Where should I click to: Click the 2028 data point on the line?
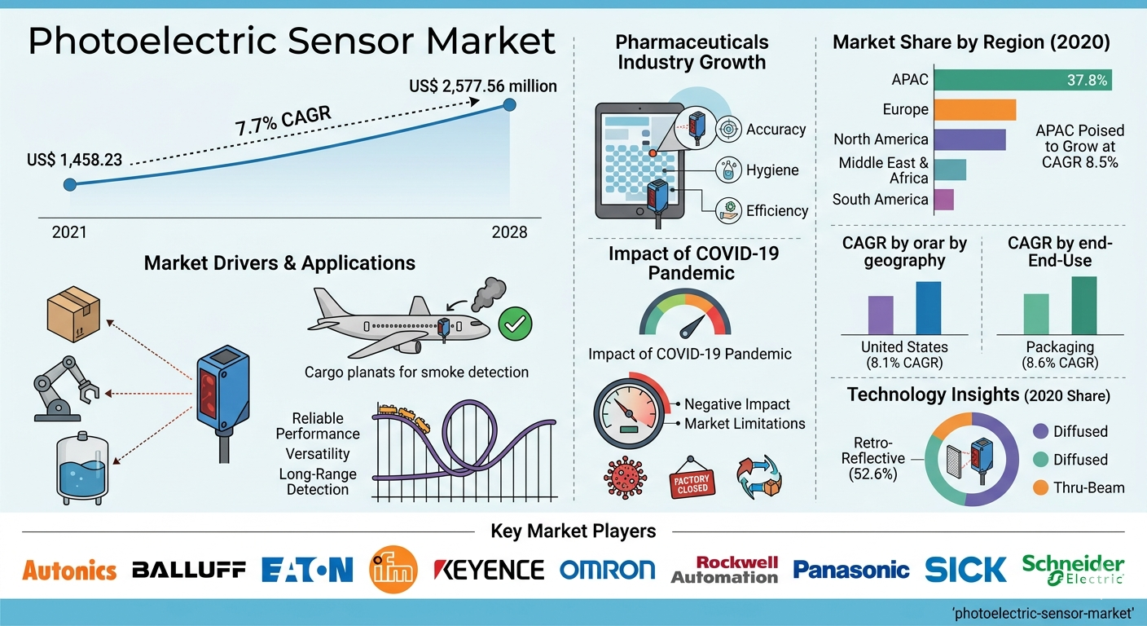[x=509, y=105]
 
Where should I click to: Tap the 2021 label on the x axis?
[x=69, y=232]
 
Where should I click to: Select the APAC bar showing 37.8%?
[x=1023, y=80]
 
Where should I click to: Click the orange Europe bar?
[x=975, y=109]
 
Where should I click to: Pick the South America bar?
[x=944, y=200]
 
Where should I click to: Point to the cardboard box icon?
[x=73, y=314]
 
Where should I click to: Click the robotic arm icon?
[x=66, y=390]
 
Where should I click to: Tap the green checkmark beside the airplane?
[x=515, y=324]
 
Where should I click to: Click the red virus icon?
[x=626, y=478]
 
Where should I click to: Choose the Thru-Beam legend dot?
[x=1040, y=487]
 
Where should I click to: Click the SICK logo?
[x=965, y=570]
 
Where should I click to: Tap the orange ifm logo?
[x=393, y=569]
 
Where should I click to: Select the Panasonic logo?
[x=851, y=570]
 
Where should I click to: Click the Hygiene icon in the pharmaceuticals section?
[x=728, y=170]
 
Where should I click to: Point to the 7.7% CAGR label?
[x=283, y=121]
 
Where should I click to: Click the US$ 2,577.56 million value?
[x=483, y=86]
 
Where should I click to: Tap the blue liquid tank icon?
[x=82, y=468]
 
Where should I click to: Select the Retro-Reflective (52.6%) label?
[x=873, y=458]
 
